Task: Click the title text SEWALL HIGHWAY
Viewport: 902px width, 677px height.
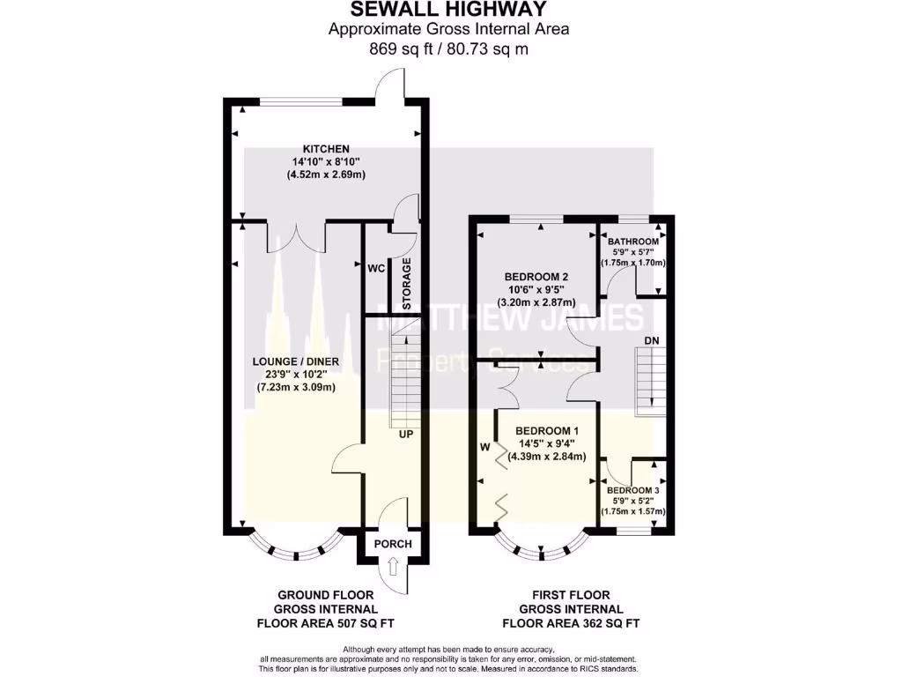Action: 448,10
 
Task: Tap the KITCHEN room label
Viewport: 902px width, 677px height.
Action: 327,148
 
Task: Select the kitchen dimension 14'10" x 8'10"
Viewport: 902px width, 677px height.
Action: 327,161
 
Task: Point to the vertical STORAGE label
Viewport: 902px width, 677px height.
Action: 407,284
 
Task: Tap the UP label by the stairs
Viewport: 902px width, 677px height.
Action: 405,434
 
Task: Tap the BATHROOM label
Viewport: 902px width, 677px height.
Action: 632,242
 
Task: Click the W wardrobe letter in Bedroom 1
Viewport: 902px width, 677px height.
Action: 484,447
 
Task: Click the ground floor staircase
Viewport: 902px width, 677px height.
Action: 405,379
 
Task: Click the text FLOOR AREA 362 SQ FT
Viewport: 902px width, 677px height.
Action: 571,622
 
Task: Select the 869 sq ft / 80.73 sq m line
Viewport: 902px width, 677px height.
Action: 448,49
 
